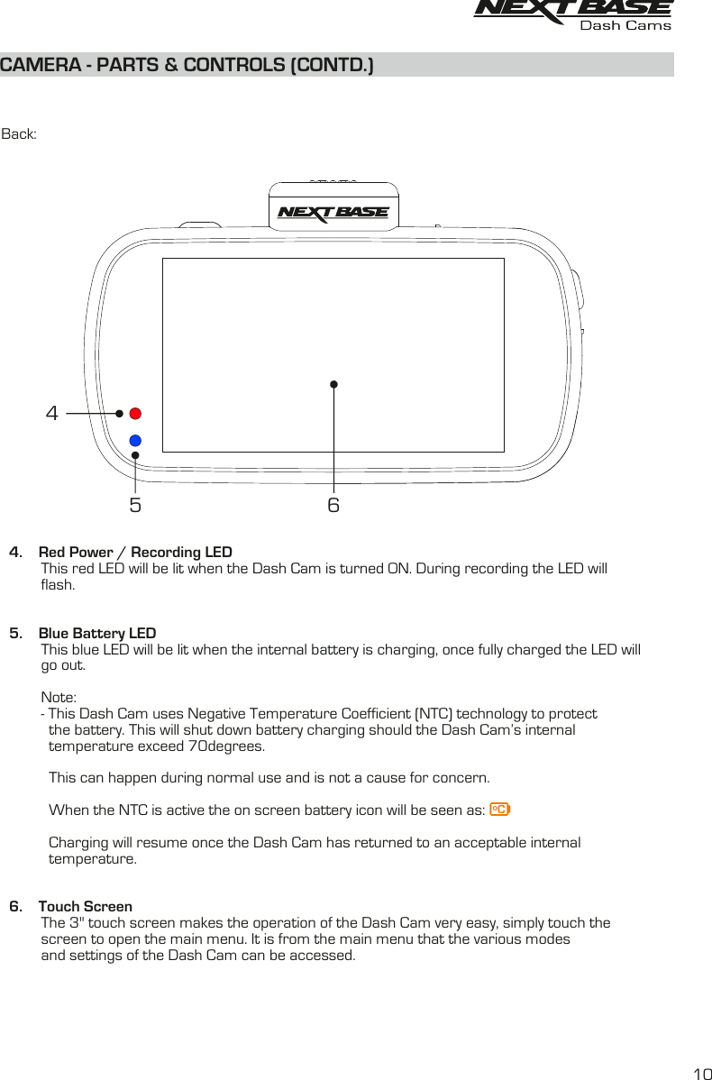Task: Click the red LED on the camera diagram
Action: [135, 414]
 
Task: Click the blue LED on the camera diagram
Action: [135, 441]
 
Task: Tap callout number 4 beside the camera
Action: [52, 414]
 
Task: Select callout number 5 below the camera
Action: [135, 505]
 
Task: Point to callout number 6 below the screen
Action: [333, 505]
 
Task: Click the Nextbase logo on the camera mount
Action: [333, 213]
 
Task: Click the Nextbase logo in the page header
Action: [573, 9]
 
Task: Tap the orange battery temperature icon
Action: [499, 810]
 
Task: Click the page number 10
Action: [701, 1073]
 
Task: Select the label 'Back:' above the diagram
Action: [19, 134]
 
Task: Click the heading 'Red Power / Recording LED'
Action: [135, 552]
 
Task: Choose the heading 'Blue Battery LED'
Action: [97, 633]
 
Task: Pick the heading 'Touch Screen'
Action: [86, 906]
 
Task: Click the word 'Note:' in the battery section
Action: [59, 697]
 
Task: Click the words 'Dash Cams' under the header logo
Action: [625, 26]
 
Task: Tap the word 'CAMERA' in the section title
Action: [36, 66]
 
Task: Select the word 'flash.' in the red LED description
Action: [59, 585]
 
